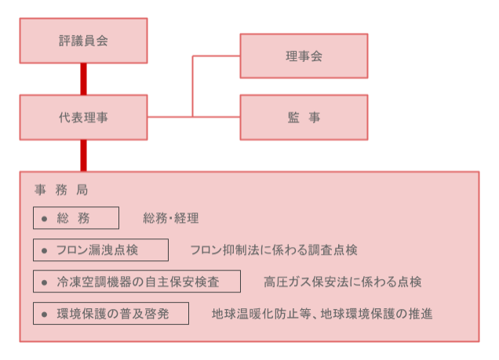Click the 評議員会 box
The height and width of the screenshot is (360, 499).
(x=83, y=41)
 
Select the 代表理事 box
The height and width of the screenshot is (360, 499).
(x=83, y=118)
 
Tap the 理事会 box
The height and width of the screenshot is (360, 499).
(x=304, y=56)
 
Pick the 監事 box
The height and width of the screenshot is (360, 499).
(x=304, y=118)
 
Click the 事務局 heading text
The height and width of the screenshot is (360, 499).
(x=61, y=190)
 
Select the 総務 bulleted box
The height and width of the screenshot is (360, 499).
(x=76, y=218)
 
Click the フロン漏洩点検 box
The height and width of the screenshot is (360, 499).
(x=101, y=250)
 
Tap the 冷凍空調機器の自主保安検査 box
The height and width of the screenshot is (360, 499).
(x=137, y=282)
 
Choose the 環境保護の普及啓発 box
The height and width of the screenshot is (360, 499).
(x=111, y=314)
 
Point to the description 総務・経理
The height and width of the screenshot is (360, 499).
(x=171, y=218)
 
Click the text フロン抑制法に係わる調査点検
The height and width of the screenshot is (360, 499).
(x=274, y=250)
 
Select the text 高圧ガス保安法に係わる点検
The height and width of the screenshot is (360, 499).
(x=343, y=282)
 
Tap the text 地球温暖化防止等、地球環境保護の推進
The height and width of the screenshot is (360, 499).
(x=322, y=314)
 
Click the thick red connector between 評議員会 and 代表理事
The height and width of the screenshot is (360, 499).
(x=83, y=79)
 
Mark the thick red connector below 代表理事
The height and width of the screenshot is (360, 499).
(x=83, y=156)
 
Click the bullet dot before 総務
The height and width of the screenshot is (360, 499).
(x=44, y=219)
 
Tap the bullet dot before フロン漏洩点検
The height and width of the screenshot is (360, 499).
(x=44, y=251)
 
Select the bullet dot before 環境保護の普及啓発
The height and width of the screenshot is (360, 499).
(x=44, y=315)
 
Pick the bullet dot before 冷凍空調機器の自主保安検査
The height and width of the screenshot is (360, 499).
(x=44, y=282)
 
